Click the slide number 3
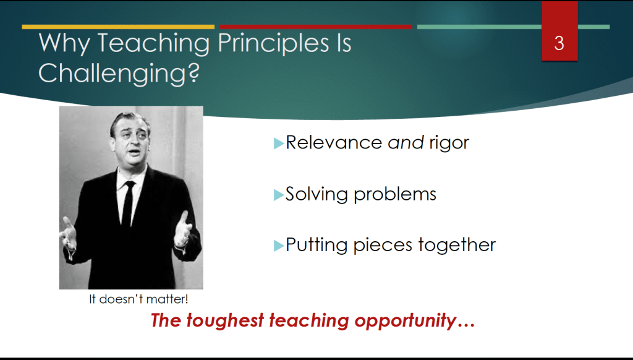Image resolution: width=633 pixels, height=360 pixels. pos(559,43)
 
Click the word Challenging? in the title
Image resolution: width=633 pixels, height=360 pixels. pos(119,74)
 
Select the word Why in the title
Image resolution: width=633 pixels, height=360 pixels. pos(64,44)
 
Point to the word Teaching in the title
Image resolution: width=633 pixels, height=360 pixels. pos(154,44)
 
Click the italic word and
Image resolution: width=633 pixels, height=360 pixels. pos(406,143)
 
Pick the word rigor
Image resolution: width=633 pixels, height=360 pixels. pos(449,144)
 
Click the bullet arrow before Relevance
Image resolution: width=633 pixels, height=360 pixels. pos(279,144)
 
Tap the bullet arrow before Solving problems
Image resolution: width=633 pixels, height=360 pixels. pos(279,195)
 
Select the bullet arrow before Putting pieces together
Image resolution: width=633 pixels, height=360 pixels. pos(279,246)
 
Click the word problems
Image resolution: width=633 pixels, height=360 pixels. pos(395,195)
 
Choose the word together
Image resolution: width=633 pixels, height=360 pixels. pos(457,245)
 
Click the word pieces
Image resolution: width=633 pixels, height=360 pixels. pos(383,246)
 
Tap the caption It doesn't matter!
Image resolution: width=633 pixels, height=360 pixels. pos(138,299)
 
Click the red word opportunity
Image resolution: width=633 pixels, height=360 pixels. pos(406,321)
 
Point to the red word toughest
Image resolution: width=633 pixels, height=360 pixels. pos(225,321)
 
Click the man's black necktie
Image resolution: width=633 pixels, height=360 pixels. pos(128,204)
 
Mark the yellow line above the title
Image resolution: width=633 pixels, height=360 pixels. pos(118,27)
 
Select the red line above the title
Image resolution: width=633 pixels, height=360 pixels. pos(316,27)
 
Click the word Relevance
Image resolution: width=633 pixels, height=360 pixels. pos(334,143)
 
